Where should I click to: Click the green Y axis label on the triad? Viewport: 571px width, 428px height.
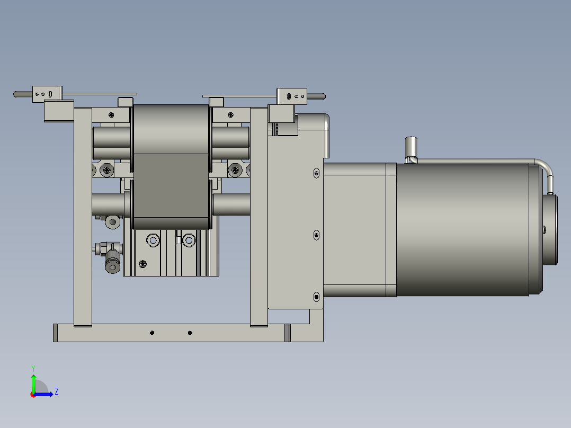[33, 367]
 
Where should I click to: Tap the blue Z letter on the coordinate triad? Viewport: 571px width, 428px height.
[56, 391]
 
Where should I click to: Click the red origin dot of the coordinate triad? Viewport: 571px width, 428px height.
[33, 394]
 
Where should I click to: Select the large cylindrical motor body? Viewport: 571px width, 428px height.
[461, 229]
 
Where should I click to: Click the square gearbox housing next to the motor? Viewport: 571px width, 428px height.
[359, 229]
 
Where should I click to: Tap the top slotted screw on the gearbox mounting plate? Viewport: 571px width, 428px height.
[316, 173]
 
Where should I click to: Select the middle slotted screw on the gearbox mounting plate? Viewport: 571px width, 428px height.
[316, 234]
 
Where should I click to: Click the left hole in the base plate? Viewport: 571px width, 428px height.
[152, 333]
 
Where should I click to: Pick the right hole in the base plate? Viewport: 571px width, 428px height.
[190, 333]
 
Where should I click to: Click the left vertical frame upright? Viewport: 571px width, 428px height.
[83, 217]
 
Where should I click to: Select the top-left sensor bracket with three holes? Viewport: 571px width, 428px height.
[47, 94]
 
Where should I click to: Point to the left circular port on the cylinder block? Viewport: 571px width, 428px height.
[153, 240]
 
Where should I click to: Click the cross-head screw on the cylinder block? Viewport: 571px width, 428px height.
[142, 264]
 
